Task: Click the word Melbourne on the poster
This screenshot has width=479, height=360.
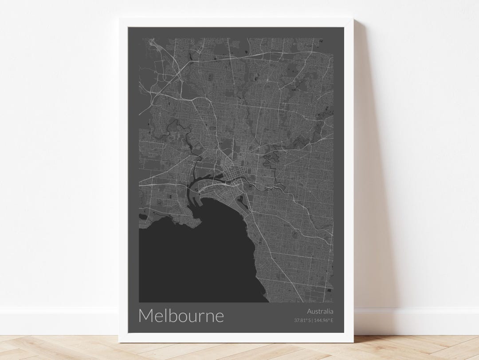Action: point(181,316)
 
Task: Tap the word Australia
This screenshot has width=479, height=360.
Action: point(319,312)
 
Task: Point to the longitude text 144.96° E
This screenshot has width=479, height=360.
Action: point(324,320)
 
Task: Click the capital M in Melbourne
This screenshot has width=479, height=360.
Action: point(147,316)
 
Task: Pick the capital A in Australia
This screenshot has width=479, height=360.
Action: point(308,312)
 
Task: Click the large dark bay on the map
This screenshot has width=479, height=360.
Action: point(195,262)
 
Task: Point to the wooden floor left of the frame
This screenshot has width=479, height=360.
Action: point(58,348)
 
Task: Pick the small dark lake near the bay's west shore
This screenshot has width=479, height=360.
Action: point(143,216)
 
